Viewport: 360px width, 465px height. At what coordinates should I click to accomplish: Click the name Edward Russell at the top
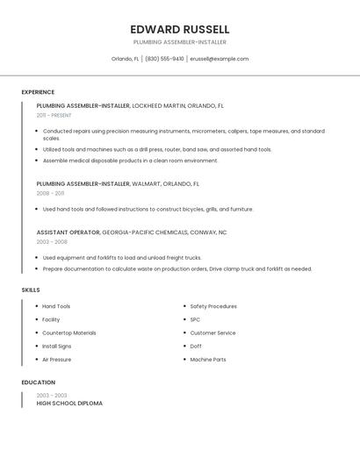(179, 29)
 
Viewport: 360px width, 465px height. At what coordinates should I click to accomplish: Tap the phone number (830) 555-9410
(164, 59)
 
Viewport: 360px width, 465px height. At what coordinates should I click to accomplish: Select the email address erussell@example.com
(219, 59)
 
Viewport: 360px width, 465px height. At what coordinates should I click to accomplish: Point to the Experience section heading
(38, 92)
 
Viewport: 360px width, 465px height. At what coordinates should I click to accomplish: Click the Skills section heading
(31, 290)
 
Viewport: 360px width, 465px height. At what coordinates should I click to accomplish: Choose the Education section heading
(39, 383)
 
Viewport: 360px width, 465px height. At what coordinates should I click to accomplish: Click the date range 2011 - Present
(54, 115)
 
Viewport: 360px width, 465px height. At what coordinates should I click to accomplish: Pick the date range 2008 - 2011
(50, 193)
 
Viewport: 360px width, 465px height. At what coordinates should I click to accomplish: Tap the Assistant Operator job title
(68, 232)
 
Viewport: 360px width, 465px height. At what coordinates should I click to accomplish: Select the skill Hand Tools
(56, 306)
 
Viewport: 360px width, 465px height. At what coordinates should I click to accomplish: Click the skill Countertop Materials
(69, 333)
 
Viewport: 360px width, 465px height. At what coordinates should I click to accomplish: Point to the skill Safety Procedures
(213, 306)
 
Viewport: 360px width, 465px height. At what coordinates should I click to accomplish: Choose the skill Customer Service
(212, 333)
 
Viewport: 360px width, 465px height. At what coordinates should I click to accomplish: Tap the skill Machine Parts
(208, 360)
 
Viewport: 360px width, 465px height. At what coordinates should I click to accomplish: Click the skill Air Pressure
(57, 360)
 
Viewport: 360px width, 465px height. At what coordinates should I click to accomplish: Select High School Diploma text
(69, 404)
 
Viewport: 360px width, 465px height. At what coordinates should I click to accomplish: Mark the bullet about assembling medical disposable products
(130, 161)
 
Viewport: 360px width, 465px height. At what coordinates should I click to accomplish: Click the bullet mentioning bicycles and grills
(148, 210)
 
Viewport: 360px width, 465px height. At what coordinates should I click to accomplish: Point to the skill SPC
(195, 319)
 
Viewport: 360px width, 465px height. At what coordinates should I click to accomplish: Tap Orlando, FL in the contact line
(125, 59)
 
